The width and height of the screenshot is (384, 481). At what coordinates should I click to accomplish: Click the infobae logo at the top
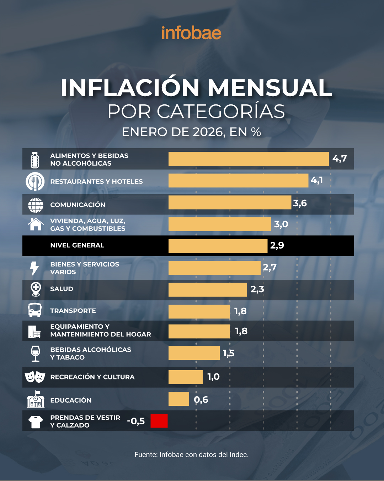point(191,33)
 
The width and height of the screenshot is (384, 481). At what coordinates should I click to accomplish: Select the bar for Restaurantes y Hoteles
point(238,181)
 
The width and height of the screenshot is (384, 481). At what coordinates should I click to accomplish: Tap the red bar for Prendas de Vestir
point(159,421)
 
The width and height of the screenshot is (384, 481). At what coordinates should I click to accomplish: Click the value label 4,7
point(339,159)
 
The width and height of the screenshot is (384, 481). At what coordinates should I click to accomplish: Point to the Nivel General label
point(77,245)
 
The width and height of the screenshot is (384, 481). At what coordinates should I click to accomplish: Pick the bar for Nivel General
point(218,246)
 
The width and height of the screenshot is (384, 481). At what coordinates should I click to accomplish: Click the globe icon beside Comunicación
point(36,205)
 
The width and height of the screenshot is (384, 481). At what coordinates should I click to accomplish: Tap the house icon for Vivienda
point(36,224)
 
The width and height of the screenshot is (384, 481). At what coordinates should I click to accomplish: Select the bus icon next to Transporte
point(35,310)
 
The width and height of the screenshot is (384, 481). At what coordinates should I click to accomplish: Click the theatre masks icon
point(35,377)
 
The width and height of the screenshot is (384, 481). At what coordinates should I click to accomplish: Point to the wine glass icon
point(36,353)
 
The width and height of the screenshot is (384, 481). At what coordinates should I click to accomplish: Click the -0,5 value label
point(136,421)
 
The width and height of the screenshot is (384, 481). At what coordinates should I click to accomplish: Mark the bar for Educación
point(178,399)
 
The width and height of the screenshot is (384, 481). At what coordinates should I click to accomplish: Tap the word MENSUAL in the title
point(270,88)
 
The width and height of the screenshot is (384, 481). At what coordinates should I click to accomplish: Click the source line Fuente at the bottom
point(191,455)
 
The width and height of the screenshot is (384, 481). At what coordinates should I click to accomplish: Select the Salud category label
point(62,289)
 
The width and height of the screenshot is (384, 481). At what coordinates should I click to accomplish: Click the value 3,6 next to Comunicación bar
point(300,203)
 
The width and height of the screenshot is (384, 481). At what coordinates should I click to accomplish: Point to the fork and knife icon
point(35,181)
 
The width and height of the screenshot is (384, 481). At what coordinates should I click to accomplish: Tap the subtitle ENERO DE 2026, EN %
point(191,132)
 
